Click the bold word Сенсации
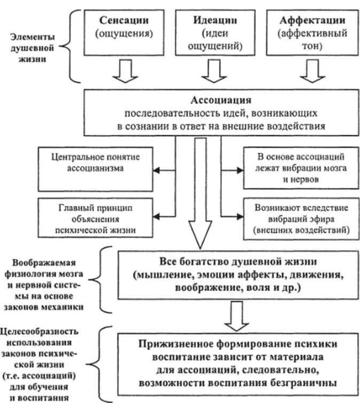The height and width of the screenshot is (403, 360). point(123,20)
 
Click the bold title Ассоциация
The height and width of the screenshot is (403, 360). point(221,100)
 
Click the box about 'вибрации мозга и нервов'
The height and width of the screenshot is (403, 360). point(302,168)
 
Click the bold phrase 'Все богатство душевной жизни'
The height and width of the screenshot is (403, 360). point(231,263)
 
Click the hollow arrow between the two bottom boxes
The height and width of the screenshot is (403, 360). point(233,315)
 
